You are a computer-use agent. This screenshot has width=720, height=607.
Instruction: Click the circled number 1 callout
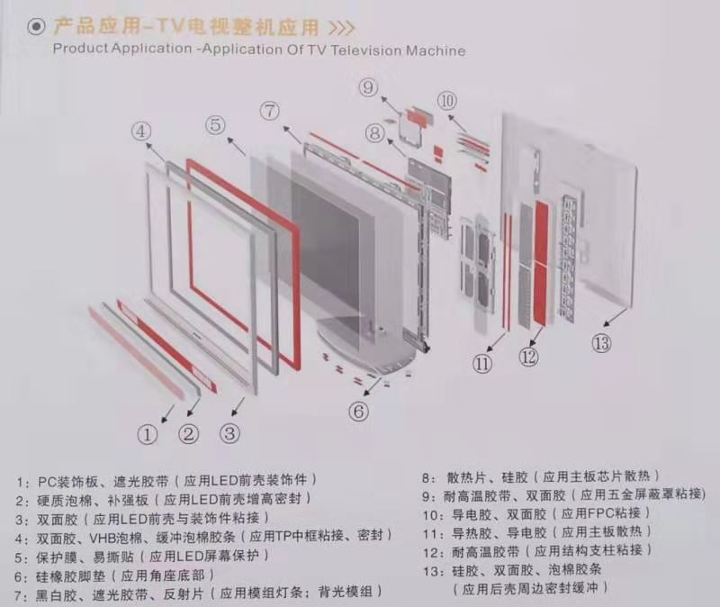tap(148, 434)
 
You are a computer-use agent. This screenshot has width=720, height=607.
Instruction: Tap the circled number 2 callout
tap(188, 434)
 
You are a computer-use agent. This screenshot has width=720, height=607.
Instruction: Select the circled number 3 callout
tap(230, 432)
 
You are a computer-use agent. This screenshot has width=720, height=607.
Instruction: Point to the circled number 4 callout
tap(141, 131)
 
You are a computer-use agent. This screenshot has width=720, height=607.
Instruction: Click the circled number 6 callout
tap(359, 411)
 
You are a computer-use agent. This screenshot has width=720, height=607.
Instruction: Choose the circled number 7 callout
tap(270, 112)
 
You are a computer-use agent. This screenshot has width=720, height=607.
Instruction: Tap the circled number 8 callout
tap(375, 133)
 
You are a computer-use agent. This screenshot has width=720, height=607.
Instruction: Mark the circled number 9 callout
tap(368, 87)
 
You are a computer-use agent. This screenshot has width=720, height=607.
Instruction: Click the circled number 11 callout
tap(483, 364)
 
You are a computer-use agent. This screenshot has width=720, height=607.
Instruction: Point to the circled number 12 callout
tap(529, 358)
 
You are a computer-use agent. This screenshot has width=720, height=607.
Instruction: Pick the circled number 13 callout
tap(601, 342)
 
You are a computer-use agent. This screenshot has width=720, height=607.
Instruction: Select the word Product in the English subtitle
tap(82, 50)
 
